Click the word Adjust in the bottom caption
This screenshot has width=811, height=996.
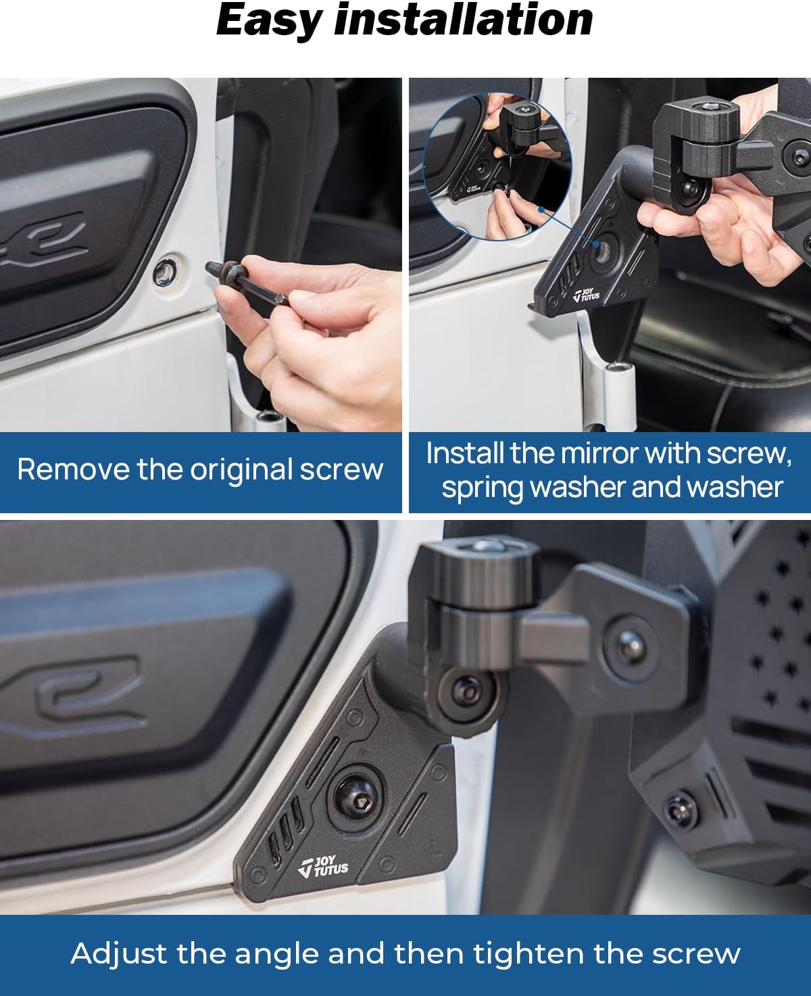tap(119, 953)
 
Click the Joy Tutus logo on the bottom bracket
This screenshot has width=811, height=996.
tap(324, 866)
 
